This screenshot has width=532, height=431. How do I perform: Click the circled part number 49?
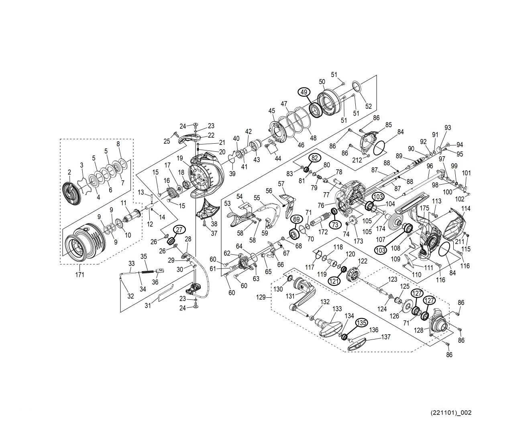pos(304,92)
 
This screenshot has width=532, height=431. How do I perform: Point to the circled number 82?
pos(315,158)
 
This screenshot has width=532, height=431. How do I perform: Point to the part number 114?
pos(465,209)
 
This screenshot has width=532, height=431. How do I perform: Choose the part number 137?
pos(385,337)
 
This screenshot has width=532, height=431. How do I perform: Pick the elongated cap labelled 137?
pos(359,344)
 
